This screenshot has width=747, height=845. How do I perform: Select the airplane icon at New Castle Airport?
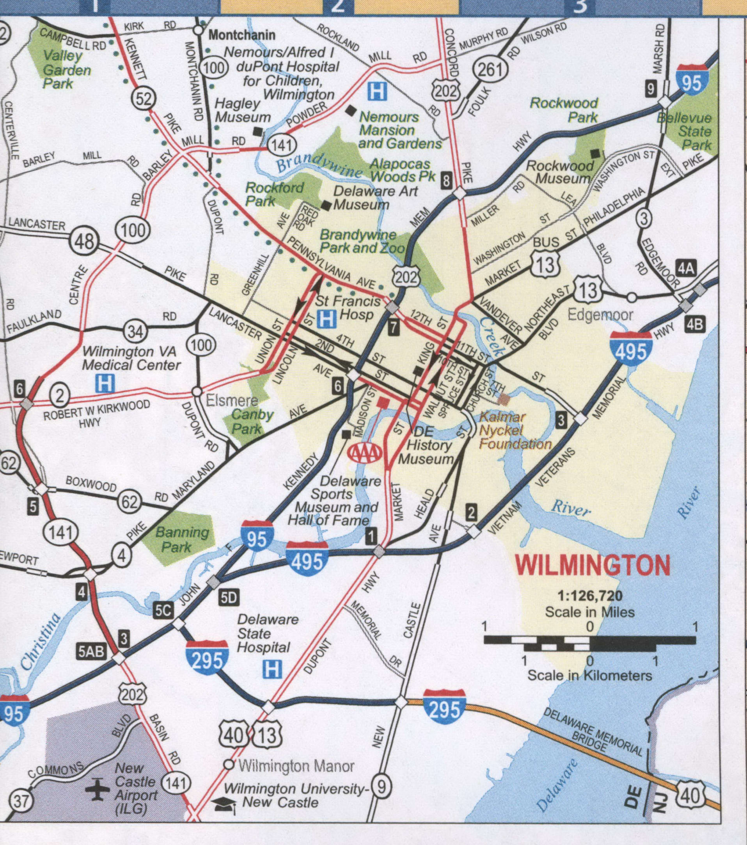(98, 789)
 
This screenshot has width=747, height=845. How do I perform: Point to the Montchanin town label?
(242, 35)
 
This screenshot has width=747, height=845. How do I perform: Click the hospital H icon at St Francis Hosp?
(326, 319)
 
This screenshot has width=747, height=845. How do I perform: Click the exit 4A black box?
(686, 269)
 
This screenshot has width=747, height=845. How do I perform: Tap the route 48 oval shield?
(84, 241)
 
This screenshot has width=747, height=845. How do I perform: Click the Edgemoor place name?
(600, 315)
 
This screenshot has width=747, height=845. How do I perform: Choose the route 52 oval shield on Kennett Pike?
(144, 99)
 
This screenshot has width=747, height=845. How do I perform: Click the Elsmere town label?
(232, 400)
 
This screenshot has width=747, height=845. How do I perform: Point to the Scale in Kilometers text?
(589, 676)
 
